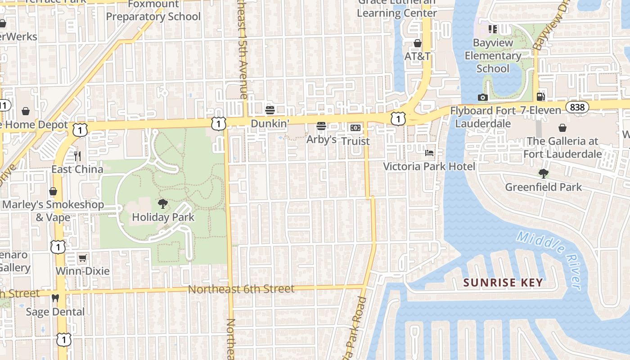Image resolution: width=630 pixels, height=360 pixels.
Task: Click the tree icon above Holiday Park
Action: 163,204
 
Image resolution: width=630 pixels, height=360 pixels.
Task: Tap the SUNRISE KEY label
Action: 503,283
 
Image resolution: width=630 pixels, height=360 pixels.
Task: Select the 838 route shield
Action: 576,107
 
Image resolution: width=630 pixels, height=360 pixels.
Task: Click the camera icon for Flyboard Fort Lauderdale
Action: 482,97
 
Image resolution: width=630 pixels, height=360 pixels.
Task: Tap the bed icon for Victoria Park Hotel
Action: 429,153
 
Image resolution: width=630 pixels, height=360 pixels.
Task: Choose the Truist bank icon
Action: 355,128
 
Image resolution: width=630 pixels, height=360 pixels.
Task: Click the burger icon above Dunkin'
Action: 270,110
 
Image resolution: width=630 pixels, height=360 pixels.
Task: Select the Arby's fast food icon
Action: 321,126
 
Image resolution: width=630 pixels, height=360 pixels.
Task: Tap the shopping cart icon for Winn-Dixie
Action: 82,258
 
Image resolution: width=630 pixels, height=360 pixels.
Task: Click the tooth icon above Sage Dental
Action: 55,298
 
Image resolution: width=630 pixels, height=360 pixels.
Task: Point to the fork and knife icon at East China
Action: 77,156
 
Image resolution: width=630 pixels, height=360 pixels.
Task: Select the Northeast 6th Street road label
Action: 241,289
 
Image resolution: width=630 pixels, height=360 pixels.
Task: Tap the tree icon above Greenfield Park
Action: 544,174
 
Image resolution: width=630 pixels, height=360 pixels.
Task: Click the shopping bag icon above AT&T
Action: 418,43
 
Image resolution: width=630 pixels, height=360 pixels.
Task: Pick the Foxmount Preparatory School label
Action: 153,11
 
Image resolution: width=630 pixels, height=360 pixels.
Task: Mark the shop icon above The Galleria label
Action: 562,128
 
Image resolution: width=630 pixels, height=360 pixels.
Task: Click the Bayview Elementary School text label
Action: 493,56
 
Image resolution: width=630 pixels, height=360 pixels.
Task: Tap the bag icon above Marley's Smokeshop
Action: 53,191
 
